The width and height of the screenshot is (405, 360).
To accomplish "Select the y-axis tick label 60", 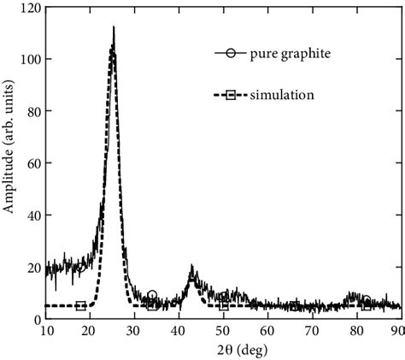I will tap(32, 163).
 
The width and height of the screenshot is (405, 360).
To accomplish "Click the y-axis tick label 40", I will tap(32, 215).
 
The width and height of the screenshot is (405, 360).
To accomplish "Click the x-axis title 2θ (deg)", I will tap(222, 351).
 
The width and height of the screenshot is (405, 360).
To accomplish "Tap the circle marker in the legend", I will tap(232, 54).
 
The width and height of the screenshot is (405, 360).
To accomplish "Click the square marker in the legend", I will tap(232, 94).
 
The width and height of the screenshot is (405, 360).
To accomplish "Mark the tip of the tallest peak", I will tap(113, 27).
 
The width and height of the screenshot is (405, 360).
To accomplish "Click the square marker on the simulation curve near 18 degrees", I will tap(80, 306).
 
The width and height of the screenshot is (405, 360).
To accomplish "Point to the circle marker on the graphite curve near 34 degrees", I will tap(152, 296).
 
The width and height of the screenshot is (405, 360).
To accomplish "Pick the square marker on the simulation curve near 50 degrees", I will tap(223, 305).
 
